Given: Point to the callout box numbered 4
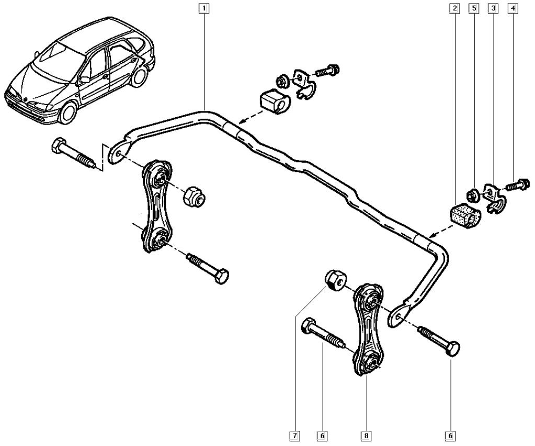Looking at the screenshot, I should click(x=513, y=8).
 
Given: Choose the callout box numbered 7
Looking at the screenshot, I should click(x=296, y=434).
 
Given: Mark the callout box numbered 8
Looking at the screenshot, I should click(x=366, y=434).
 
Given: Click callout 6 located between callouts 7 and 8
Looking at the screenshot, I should click(x=323, y=434).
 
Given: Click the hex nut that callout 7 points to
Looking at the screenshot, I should click(x=333, y=280).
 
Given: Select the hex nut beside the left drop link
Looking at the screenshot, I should click(x=195, y=196).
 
